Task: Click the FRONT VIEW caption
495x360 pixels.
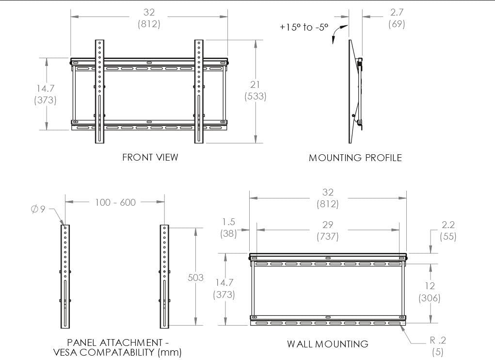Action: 150,157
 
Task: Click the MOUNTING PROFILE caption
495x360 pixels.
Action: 355,158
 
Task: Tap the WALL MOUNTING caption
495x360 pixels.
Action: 327,344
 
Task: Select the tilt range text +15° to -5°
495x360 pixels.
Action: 304,28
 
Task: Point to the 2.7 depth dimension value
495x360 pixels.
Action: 397,13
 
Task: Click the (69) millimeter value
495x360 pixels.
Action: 397,23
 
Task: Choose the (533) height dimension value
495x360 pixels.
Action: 255,96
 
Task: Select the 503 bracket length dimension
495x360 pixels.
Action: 195,278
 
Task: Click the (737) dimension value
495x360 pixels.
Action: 327,237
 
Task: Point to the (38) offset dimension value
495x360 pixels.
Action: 228,233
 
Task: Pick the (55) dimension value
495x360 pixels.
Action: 448,237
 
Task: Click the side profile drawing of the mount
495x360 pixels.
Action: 355,92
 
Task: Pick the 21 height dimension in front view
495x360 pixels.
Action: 255,85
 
